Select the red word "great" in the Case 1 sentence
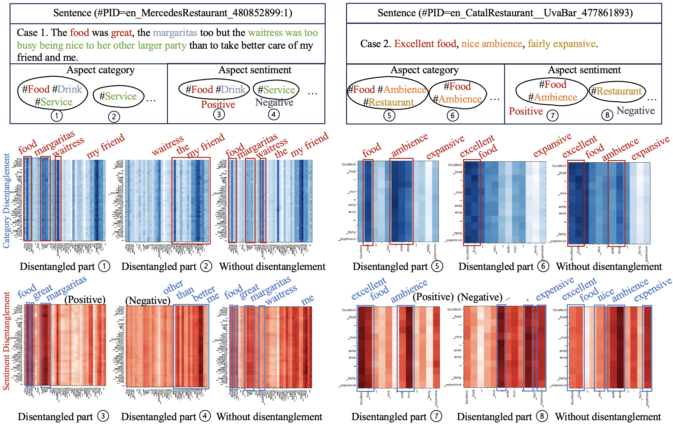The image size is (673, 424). click(121, 32)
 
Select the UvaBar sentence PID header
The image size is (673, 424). click(505, 13)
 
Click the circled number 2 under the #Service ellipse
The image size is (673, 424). click(114, 117)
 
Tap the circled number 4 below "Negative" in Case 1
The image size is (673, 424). click(273, 114)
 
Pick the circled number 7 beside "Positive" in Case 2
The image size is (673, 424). click(553, 115)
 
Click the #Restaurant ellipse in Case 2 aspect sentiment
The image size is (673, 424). click(617, 91)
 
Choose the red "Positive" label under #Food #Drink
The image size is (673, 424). click(218, 104)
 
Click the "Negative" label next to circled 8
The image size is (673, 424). click(635, 111)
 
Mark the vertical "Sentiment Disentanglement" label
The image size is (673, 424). click(6, 341)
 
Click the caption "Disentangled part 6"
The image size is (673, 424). click(503, 266)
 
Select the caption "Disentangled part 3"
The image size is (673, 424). click(63, 417)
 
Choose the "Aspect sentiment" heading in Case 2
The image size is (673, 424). click(584, 70)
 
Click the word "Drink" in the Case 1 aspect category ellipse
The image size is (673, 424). click(70, 89)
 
